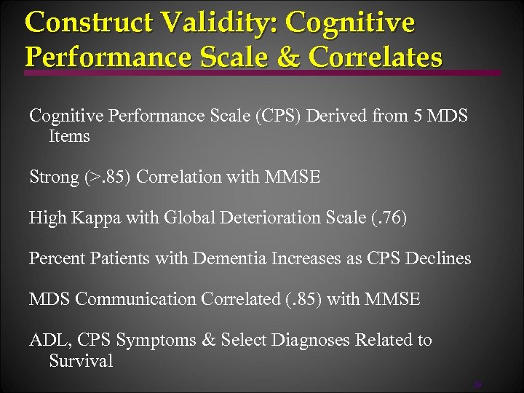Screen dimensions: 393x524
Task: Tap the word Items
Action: [69, 136]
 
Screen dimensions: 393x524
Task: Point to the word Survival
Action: [81, 360]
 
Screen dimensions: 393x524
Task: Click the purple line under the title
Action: [262, 73]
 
